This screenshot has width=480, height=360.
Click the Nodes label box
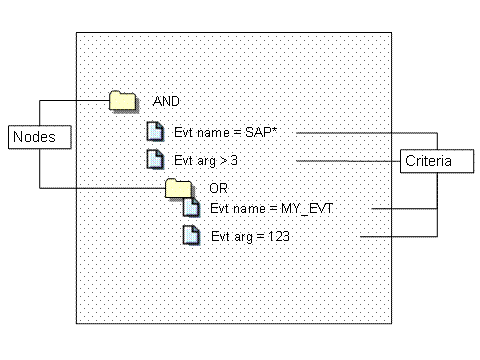[x=40, y=137]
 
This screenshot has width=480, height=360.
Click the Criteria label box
[x=437, y=161]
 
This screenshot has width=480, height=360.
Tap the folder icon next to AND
[x=123, y=101]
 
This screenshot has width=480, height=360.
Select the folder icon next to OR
[x=179, y=188]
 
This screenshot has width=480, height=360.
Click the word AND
[x=166, y=101]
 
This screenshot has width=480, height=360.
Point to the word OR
[x=218, y=188]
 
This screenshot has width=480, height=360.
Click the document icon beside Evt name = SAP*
[x=155, y=131]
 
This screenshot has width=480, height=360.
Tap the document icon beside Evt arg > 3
[x=155, y=159]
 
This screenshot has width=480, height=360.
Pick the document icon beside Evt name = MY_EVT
[x=192, y=207]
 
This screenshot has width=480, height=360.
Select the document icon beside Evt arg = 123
[x=192, y=235]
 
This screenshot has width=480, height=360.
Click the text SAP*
[x=261, y=132]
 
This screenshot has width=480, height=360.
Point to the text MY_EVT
[x=307, y=209]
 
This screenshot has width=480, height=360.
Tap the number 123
[x=279, y=236]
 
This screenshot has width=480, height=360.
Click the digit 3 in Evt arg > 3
[x=234, y=160]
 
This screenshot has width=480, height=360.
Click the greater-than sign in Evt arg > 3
[x=224, y=161]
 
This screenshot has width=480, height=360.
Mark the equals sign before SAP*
[x=237, y=133]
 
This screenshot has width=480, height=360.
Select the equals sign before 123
[x=261, y=237]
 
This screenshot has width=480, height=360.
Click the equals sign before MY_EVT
[x=273, y=209]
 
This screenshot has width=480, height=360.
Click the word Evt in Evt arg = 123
[x=220, y=236]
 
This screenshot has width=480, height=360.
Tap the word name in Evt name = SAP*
[x=213, y=133]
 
